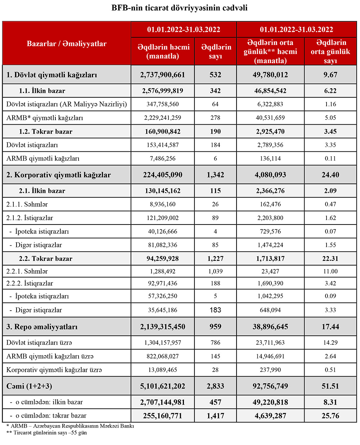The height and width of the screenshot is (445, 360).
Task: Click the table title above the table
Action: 179,8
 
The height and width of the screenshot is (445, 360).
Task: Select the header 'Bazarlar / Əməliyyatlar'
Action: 67,44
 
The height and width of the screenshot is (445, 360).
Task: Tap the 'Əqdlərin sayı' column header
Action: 215,52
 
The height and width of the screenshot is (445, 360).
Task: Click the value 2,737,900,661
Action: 163,75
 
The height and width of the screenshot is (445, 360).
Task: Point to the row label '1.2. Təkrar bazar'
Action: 46,132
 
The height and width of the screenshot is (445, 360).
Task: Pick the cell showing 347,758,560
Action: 163,104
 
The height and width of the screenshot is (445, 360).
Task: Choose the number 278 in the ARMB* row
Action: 215,118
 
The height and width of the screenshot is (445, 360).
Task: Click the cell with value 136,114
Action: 270,159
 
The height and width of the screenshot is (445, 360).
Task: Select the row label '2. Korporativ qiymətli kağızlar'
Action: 59,175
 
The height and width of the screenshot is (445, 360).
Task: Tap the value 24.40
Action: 330,175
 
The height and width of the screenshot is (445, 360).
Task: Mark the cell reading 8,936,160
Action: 163,204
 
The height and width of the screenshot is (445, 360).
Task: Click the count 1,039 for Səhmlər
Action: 215,271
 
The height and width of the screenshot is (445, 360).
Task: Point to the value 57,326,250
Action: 163,296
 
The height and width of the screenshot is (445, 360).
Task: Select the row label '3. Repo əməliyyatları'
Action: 42,327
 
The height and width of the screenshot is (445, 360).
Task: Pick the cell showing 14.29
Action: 330,343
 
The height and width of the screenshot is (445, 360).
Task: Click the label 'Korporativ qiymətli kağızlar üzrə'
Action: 54,370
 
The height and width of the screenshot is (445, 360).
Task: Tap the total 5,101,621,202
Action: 163,386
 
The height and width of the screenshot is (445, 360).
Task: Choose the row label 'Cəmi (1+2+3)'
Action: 29,386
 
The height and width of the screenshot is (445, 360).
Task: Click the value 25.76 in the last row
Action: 330,416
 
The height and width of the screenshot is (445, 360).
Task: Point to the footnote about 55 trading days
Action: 47,433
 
